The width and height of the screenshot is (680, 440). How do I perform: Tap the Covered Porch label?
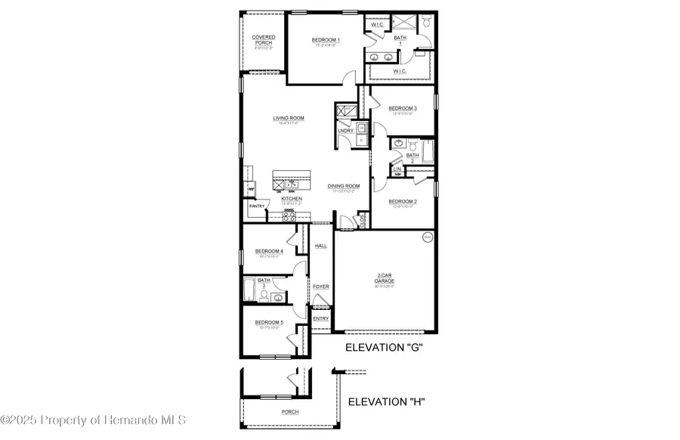coord(264,39)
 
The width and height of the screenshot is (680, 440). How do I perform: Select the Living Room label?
coord(289,118)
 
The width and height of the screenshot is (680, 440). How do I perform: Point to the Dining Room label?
coord(343,185)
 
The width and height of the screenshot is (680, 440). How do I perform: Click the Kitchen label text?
coord(292,199)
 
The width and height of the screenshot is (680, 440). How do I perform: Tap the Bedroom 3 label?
coord(403,108)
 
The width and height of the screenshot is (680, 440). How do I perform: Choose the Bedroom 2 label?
coord(403,202)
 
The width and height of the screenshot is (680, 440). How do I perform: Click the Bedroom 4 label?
coord(269,251)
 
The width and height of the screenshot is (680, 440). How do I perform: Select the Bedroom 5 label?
coord(269,322)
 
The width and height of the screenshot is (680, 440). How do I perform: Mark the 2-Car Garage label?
coord(386,277)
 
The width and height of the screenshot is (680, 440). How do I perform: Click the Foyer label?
coord(321,287)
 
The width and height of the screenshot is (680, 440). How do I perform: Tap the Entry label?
coord(321,318)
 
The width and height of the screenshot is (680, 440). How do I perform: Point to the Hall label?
coord(321,246)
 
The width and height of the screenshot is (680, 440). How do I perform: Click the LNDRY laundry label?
coord(345,131)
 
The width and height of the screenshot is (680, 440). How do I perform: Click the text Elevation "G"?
coord(383,348)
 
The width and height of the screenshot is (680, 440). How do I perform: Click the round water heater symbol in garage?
coord(427,237)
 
